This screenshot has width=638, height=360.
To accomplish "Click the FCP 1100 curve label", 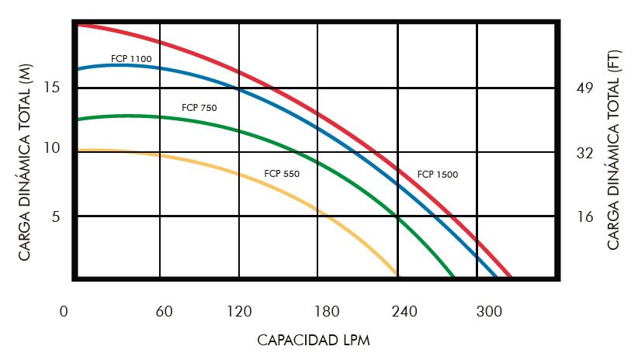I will [x=131, y=59].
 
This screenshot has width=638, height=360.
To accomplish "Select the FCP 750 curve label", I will [x=199, y=108].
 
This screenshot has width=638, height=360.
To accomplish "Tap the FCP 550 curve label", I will [x=282, y=174].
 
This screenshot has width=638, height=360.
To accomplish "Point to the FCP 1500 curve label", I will [x=438, y=175].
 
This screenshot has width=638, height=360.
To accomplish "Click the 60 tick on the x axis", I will [x=164, y=312].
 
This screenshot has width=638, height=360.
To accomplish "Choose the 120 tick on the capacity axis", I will [x=239, y=312].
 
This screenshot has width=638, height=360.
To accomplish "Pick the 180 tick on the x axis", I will [x=328, y=312].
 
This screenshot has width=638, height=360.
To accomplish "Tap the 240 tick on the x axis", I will [x=404, y=312].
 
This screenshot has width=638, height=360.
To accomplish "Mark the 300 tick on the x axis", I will [x=489, y=312].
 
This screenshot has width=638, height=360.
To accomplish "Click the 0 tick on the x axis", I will [x=64, y=312].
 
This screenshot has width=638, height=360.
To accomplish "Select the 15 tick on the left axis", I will [x=51, y=88].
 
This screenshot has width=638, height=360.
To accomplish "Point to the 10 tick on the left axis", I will [x=51, y=148].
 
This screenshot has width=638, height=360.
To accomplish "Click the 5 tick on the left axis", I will [x=55, y=216].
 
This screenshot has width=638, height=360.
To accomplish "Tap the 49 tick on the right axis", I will [x=584, y=88].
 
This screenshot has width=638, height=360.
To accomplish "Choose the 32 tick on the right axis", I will [x=584, y=153].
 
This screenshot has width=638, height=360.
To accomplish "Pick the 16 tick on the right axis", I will [x=584, y=216].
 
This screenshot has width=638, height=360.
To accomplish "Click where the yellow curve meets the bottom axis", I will [x=398, y=275].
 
